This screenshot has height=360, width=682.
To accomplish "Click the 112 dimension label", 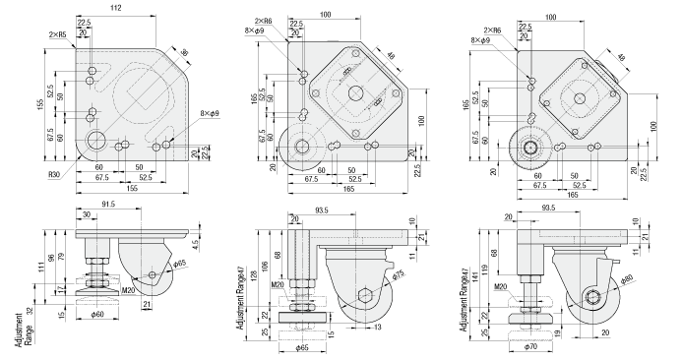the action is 116,8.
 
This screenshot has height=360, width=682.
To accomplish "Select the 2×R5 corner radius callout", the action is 57,33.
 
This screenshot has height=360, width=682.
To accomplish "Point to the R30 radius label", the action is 54,176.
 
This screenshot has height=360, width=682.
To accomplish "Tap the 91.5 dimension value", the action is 107,204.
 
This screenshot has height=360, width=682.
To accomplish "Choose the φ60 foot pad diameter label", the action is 97,315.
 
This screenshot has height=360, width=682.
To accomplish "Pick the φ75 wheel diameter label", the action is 398,276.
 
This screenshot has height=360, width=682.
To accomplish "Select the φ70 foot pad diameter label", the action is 529,347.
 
